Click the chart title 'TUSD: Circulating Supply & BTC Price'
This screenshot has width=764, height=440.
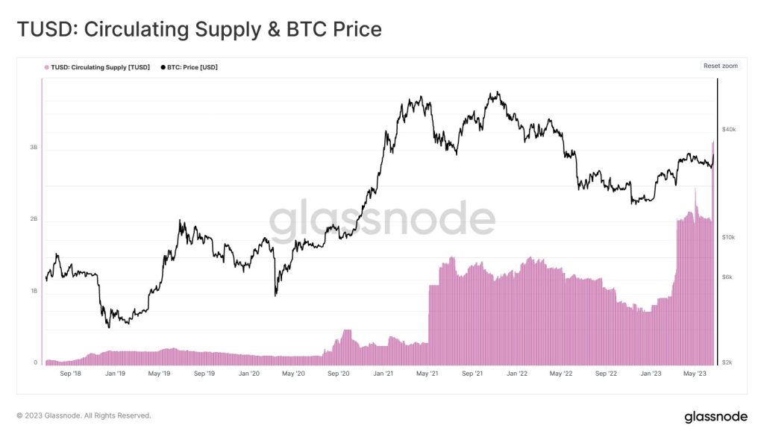pos(199,29)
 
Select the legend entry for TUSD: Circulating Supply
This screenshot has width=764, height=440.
pos(97,67)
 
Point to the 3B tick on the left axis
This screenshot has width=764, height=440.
pos(34,148)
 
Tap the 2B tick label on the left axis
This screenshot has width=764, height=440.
pos(34,219)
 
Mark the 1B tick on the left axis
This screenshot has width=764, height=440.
pos(34,292)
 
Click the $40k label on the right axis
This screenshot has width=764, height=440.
pos(729,130)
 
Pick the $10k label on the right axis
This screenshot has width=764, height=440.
pos(729,237)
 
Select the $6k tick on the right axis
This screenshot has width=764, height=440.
pos(727,277)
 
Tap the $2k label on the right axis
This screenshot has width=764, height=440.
pos(727,363)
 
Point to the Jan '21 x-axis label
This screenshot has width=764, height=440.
pos(383,373)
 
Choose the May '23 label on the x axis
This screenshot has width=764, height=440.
pos(695,373)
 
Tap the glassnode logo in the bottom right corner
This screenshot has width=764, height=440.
pos(716,417)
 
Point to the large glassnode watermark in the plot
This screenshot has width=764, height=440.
pos(381,219)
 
